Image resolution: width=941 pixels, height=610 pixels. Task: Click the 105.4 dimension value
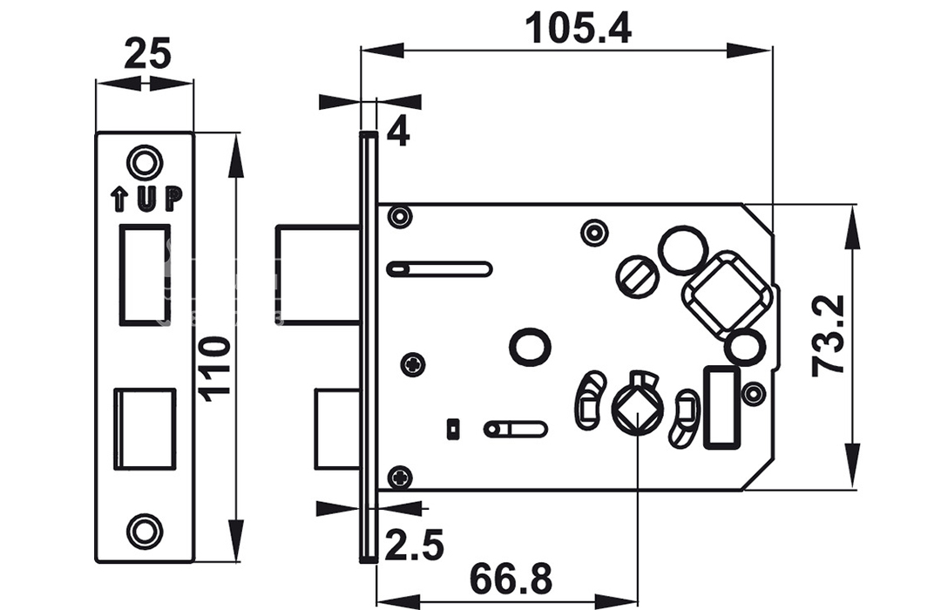[579, 29]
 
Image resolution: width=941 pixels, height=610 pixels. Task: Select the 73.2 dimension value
[829, 335]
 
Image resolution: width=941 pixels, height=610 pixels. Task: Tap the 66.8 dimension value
[511, 579]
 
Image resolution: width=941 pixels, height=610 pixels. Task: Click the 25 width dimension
[147, 53]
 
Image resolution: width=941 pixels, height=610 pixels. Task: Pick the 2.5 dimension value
[414, 546]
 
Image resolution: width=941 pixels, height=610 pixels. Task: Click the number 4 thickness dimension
[398, 132]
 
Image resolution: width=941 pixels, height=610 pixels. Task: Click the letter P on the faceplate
[173, 200]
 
